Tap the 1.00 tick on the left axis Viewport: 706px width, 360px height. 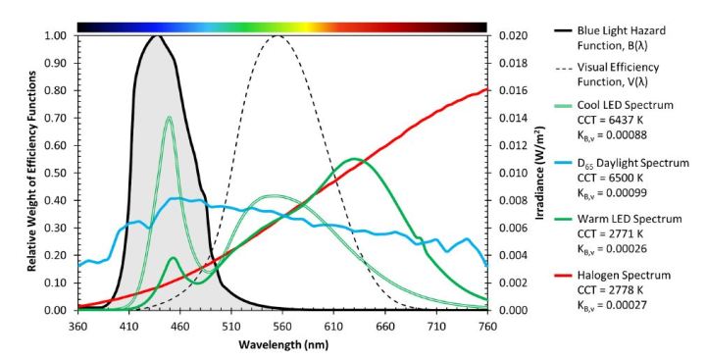[x=57, y=36]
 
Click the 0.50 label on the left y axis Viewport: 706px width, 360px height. [x=57, y=173]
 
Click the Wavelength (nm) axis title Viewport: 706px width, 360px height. [x=281, y=345]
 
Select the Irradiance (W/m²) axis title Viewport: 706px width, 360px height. [x=541, y=173]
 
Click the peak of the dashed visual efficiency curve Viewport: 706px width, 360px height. [x=277, y=36]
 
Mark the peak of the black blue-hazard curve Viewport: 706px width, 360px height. [x=155, y=36]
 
